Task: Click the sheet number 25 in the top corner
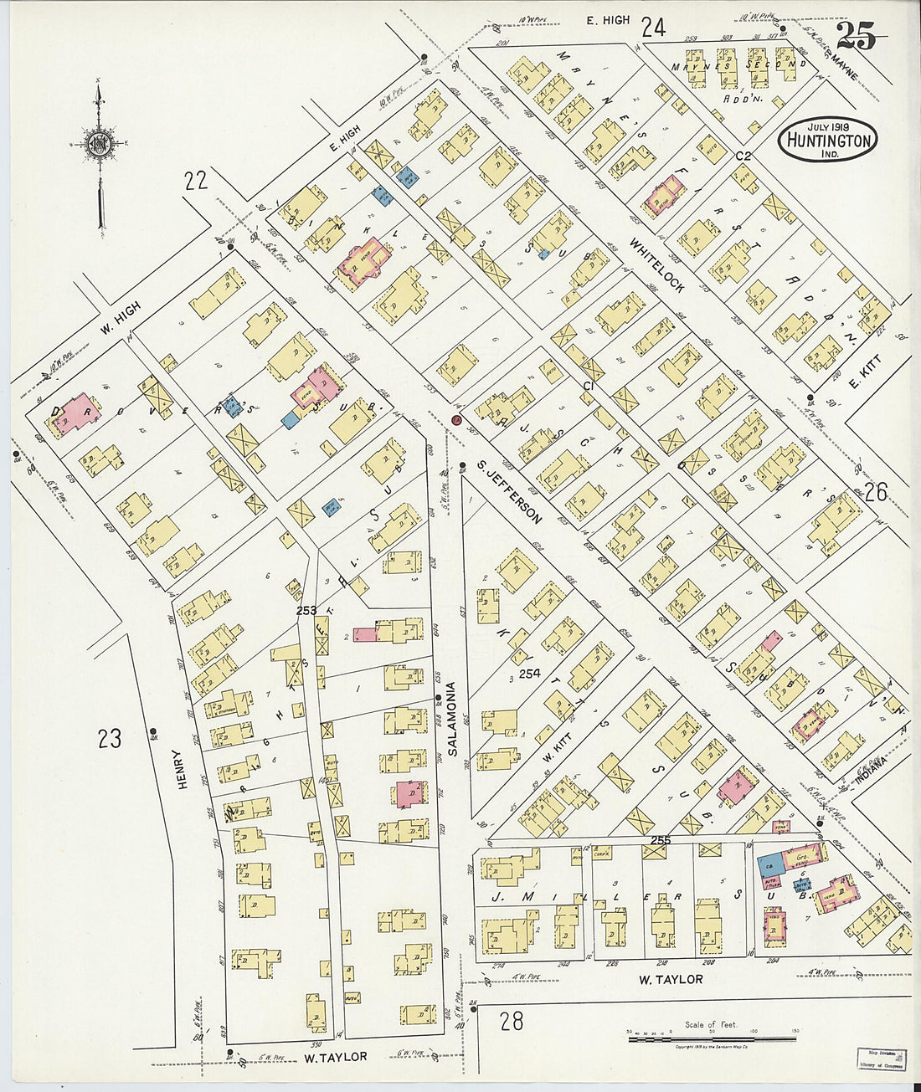point(856,37)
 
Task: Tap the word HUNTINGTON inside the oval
point(828,141)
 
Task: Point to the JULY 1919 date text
point(828,126)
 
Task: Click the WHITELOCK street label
point(657,266)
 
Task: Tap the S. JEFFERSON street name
point(509,491)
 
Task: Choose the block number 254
point(529,673)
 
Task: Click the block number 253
point(306,611)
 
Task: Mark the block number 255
point(660,839)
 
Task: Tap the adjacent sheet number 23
point(109,739)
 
